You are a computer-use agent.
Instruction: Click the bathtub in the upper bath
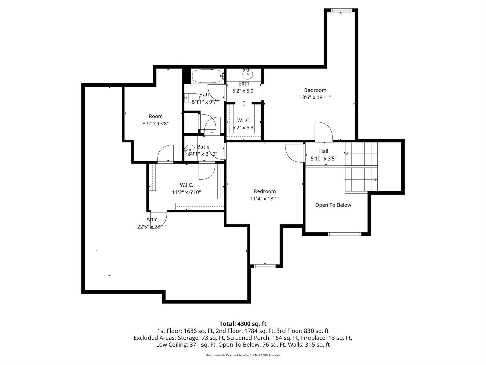coord(208,76)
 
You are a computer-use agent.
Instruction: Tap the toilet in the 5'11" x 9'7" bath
coord(192,98)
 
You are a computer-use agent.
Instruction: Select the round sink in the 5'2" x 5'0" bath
coord(248,74)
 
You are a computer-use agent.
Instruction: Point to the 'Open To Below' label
coord(333,205)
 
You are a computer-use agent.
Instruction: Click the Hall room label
coord(323,151)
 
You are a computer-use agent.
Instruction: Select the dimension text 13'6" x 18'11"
coord(315,97)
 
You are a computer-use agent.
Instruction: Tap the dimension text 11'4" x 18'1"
coord(265,199)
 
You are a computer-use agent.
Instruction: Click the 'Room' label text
coord(156,116)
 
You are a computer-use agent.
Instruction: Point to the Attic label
coord(152,219)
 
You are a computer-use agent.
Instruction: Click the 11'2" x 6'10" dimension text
coord(186,192)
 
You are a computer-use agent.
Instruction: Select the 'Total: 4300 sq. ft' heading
coord(243,324)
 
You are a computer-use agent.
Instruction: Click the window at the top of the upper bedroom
coord(341,10)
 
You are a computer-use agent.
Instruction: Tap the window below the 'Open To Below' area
coord(345,234)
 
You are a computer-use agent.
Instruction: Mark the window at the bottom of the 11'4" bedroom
coord(265,266)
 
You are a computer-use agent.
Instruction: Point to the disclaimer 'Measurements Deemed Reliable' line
coord(243,355)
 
